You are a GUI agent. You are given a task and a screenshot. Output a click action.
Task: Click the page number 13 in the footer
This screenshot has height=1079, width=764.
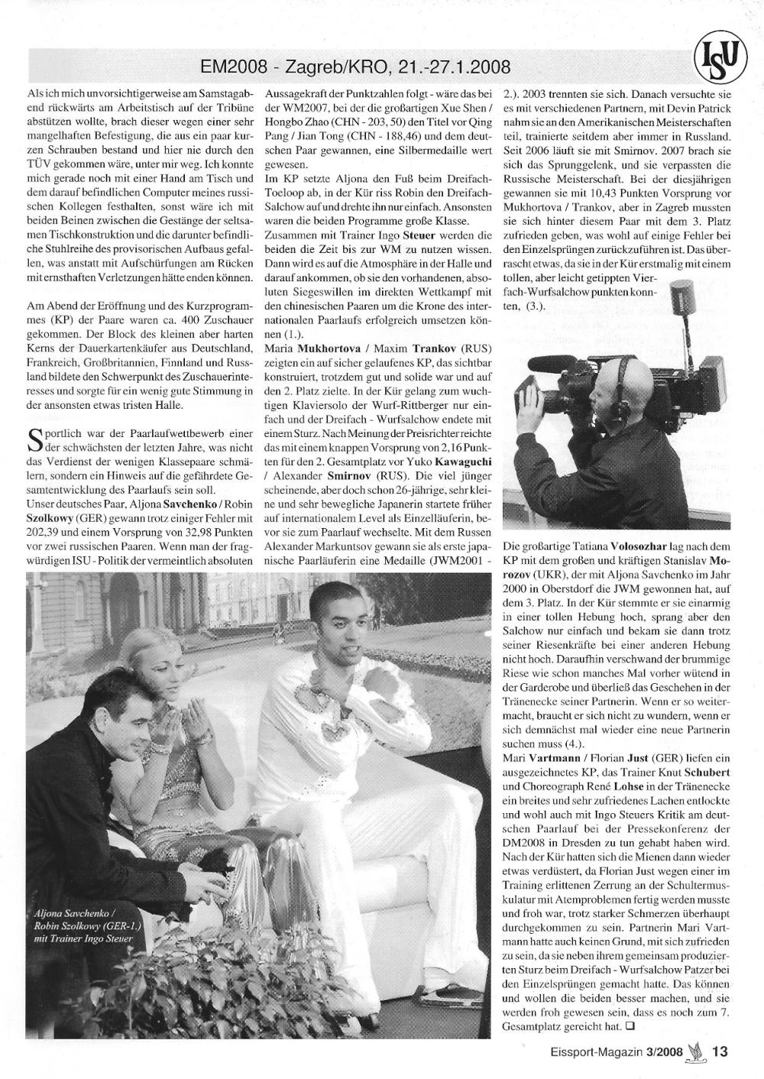click(x=720, y=1050)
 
